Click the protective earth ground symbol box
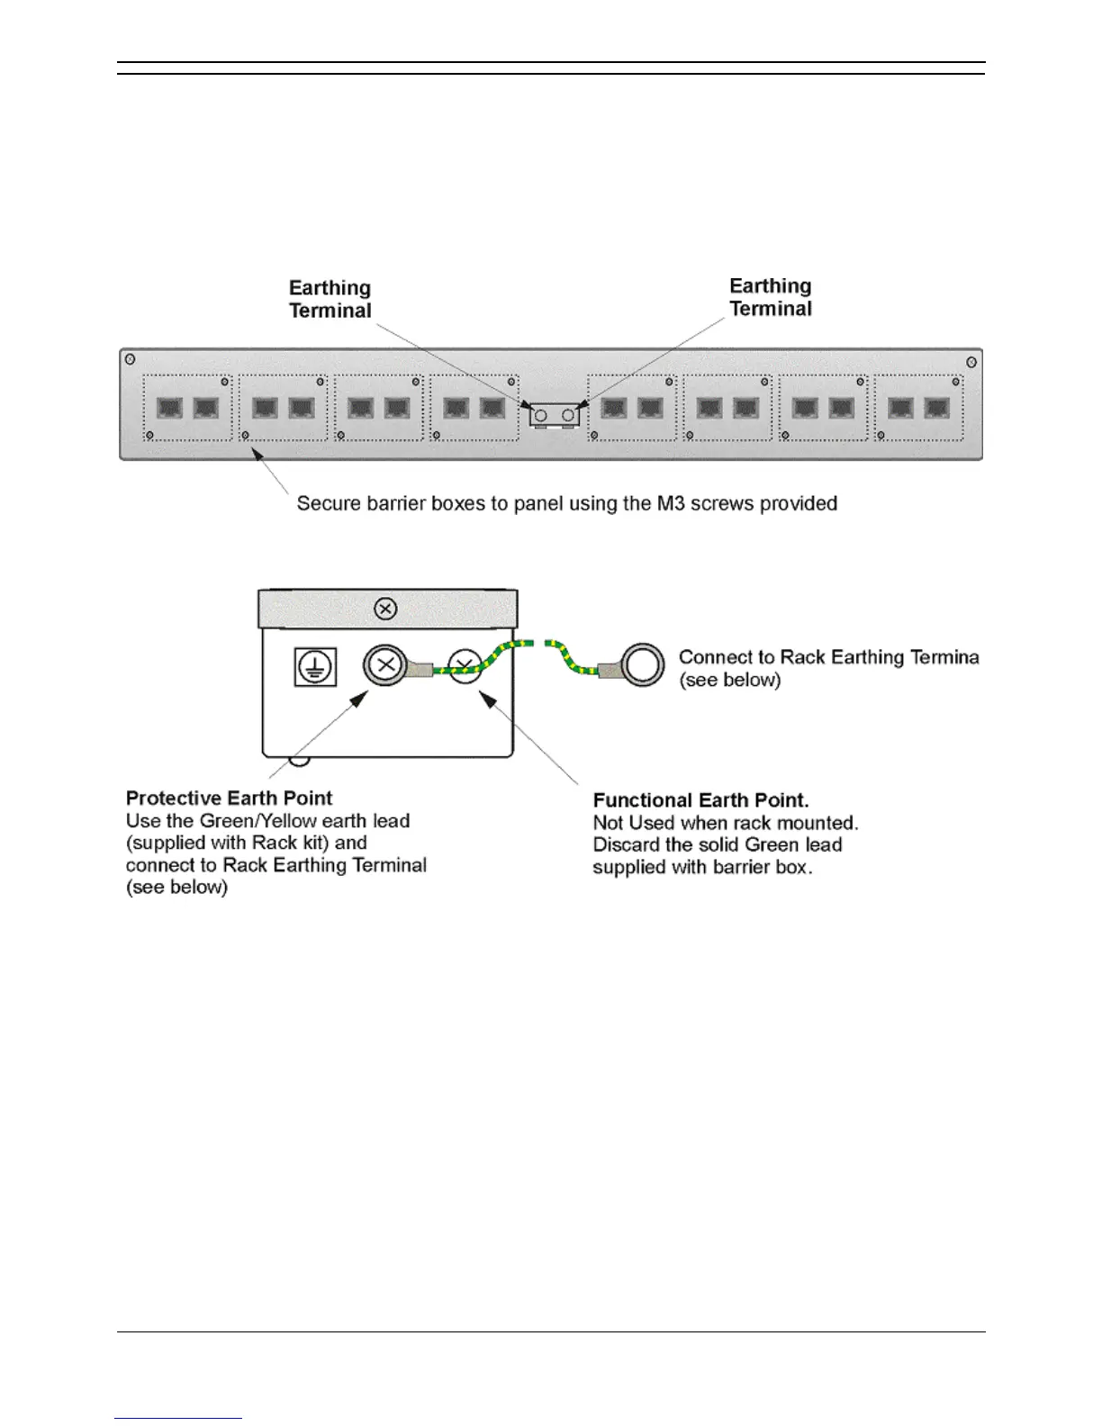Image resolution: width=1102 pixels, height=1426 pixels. pyautogui.click(x=314, y=667)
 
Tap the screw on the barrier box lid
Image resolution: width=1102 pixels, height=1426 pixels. pyautogui.click(x=385, y=609)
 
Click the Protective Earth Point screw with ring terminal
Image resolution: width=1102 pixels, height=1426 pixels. pyautogui.click(x=384, y=666)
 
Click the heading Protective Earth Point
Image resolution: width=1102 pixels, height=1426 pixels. pyautogui.click(x=229, y=799)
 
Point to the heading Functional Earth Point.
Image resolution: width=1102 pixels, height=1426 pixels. pyautogui.click(x=700, y=800)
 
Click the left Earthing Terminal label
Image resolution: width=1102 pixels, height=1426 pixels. pyautogui.click(x=330, y=299)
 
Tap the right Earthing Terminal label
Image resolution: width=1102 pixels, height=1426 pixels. pyautogui.click(x=770, y=297)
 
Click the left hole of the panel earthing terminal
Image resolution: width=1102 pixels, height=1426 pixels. pyautogui.click(x=541, y=415)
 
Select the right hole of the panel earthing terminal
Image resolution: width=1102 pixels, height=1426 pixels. pyautogui.click(x=568, y=415)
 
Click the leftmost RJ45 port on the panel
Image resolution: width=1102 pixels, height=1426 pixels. pyautogui.click(x=170, y=408)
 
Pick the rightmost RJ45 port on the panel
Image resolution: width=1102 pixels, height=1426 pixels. pyautogui.click(x=937, y=408)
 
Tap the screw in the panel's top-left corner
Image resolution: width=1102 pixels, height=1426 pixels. pyautogui.click(x=131, y=359)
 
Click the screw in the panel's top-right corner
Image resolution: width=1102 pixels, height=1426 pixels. pyautogui.click(x=971, y=362)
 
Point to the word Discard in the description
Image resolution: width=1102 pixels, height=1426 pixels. pyautogui.click(x=624, y=845)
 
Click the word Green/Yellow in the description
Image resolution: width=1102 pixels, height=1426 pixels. pyautogui.click(x=260, y=821)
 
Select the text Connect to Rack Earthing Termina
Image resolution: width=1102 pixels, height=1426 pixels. pyautogui.click(x=828, y=657)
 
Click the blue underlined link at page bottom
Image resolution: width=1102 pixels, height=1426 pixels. pyautogui.click(x=178, y=1418)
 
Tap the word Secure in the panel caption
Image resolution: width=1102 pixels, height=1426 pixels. pyautogui.click(x=328, y=503)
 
